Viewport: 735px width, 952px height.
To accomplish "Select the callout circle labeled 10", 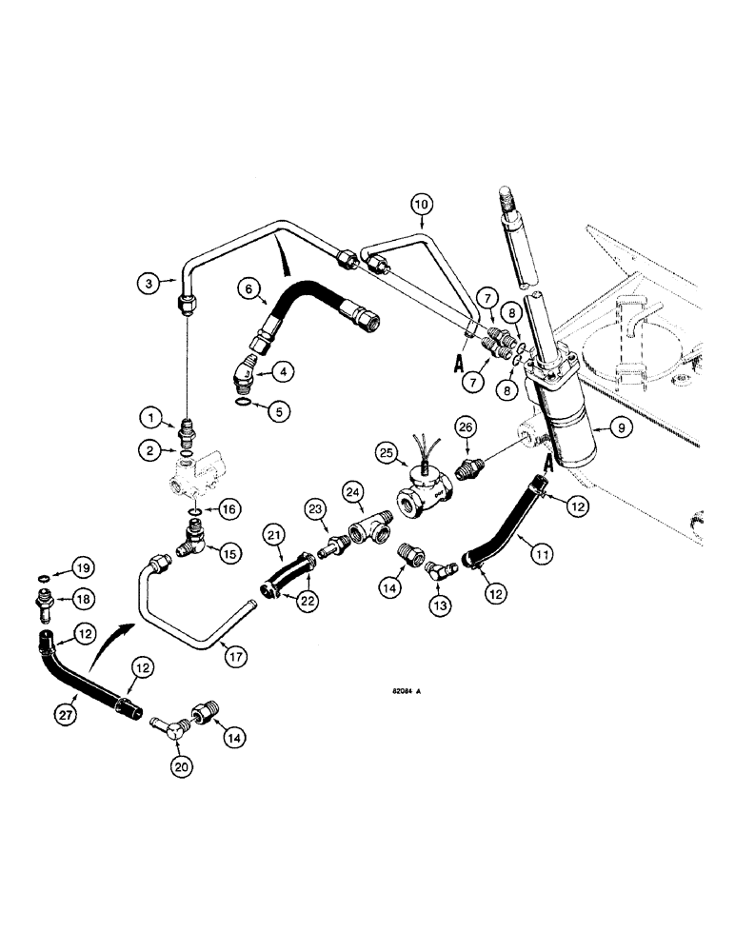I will point(422,203).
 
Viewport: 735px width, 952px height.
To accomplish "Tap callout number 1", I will point(149,416).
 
